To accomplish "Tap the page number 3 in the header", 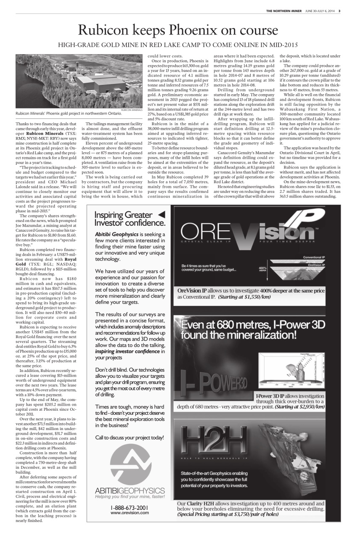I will [339, 11].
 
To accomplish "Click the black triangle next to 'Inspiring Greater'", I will [161, 215].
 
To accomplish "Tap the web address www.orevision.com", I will [130, 513].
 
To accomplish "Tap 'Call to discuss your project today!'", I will [129, 438].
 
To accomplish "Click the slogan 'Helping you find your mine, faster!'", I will [129, 496].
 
